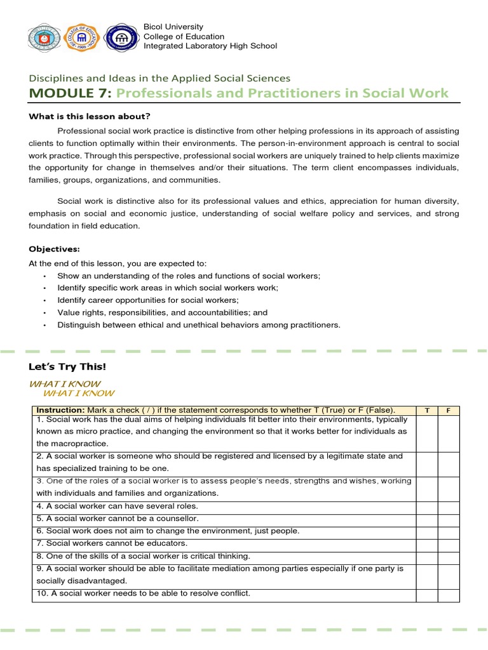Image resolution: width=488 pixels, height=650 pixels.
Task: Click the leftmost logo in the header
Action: tap(46, 37)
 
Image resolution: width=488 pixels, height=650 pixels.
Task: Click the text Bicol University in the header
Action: tap(173, 27)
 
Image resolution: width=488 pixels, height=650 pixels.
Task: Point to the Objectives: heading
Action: tap(54, 249)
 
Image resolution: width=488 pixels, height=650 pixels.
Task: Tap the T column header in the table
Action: tap(427, 410)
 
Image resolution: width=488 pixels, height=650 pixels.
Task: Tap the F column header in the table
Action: tap(449, 410)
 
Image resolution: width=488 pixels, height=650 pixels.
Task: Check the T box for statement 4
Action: tap(427, 507)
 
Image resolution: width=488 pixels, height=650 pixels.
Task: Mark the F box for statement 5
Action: tap(449, 519)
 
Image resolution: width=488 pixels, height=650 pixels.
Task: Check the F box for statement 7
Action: tap(449, 543)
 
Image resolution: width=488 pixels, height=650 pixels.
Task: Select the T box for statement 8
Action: tap(427, 556)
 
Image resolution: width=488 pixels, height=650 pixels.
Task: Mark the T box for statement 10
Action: tap(427, 594)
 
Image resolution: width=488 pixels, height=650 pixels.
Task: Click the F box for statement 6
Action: tap(449, 531)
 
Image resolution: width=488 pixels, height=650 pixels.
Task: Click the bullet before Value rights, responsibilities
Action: tap(44, 313)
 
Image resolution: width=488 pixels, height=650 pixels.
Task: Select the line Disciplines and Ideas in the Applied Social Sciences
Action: tap(159, 78)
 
